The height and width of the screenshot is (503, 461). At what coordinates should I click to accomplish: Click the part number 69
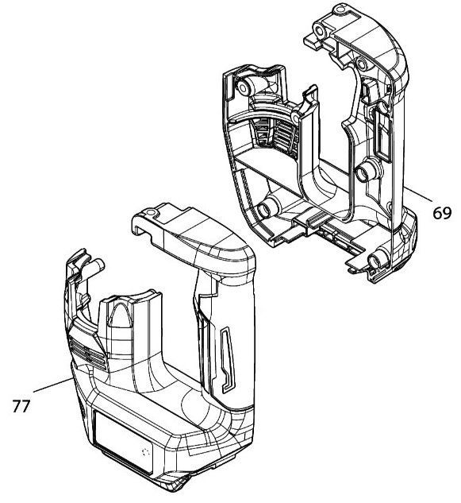coord(442,213)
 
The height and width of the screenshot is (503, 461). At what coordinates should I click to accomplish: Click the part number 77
coord(21,406)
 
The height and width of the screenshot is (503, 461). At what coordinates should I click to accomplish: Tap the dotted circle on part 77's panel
coord(146,453)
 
